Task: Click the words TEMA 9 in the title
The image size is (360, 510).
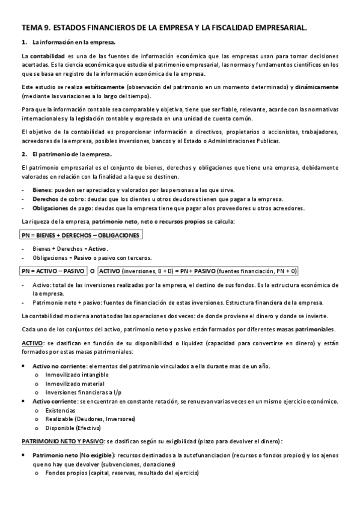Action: (x=35, y=28)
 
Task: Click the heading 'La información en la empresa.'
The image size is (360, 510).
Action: (x=73, y=42)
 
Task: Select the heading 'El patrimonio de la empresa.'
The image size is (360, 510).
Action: (x=72, y=154)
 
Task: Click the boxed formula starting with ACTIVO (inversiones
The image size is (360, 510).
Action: (x=198, y=271)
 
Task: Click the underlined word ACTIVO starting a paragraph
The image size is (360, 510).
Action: (x=31, y=343)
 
